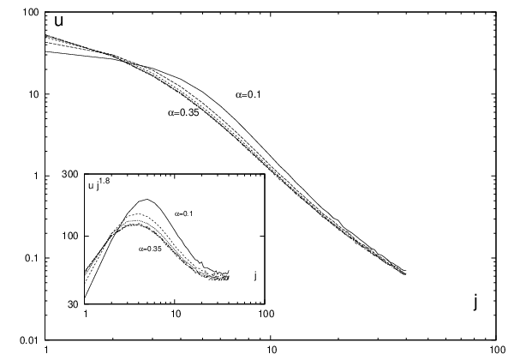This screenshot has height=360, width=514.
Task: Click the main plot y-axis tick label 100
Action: click(32, 12)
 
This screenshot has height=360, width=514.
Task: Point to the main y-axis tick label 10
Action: click(34, 94)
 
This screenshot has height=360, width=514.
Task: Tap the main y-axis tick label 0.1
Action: click(33, 258)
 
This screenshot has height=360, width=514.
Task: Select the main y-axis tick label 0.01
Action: click(30, 340)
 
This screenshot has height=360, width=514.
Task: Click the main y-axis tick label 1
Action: click(37, 176)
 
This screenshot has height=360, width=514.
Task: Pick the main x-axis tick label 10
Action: click(271, 351)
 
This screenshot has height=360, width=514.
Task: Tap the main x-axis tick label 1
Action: click(46, 351)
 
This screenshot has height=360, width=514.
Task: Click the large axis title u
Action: click(58, 21)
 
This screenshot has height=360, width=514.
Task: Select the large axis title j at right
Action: click(475, 303)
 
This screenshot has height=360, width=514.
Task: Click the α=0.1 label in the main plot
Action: click(248, 95)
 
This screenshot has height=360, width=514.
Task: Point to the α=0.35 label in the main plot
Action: click(183, 113)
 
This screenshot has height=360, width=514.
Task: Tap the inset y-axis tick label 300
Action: click(70, 174)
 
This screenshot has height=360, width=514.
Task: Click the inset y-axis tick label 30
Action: click(73, 304)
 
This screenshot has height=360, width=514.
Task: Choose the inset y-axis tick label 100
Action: click(70, 236)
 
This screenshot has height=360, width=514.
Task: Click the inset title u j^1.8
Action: click(99, 185)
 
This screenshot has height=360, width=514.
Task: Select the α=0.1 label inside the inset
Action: click(183, 214)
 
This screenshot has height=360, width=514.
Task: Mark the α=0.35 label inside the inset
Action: click(150, 249)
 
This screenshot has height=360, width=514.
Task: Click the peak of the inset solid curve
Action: click(146, 199)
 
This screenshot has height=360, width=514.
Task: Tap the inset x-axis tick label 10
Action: click(176, 314)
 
